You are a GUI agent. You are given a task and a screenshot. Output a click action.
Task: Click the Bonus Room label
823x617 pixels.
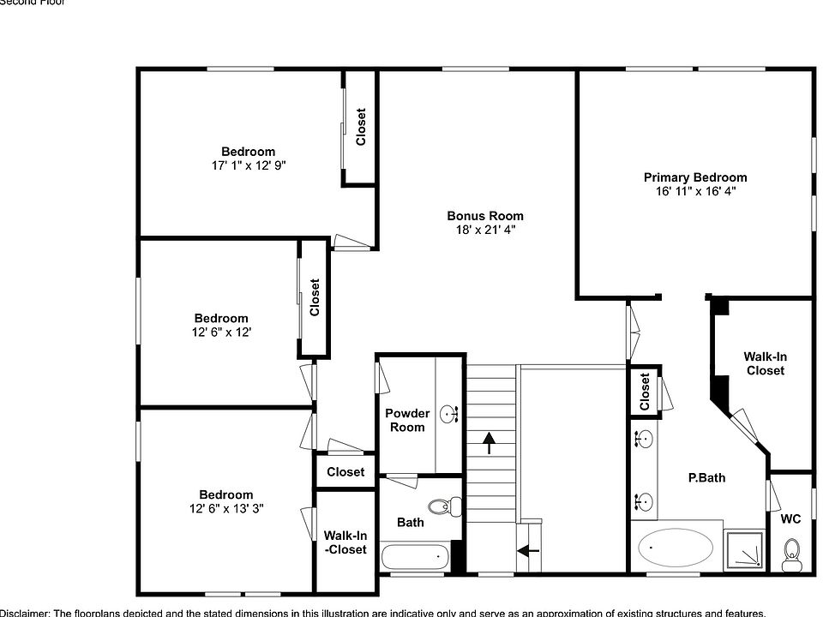(484, 216)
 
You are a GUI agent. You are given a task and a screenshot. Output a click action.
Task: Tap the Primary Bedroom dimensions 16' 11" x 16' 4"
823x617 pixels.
(695, 192)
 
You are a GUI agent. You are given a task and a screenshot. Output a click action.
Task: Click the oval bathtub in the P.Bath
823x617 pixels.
(676, 547)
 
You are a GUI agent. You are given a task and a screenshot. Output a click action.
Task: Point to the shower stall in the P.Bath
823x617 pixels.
(744, 549)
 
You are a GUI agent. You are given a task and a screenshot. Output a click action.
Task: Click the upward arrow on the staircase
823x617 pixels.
(489, 442)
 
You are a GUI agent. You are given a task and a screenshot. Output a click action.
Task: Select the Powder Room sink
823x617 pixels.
(450, 416)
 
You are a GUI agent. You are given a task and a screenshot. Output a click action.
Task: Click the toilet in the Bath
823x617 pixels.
(440, 507)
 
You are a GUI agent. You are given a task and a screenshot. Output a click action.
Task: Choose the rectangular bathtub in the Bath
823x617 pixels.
(415, 557)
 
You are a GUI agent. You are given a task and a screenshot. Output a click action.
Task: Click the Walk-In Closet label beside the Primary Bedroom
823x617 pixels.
(765, 363)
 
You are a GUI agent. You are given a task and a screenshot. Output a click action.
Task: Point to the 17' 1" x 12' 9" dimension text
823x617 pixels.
(248, 166)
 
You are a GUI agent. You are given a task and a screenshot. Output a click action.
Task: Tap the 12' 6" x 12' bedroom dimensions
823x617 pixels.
(220, 332)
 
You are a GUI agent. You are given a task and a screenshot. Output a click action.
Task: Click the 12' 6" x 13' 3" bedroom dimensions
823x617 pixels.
(225, 508)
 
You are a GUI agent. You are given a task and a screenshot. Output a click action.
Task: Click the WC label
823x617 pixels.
(790, 519)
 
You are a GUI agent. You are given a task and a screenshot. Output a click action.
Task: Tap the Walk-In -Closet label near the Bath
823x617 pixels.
(345, 542)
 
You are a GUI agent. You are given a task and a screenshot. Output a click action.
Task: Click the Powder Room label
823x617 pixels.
(407, 420)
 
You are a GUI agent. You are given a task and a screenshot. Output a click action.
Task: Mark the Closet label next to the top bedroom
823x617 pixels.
(361, 126)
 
